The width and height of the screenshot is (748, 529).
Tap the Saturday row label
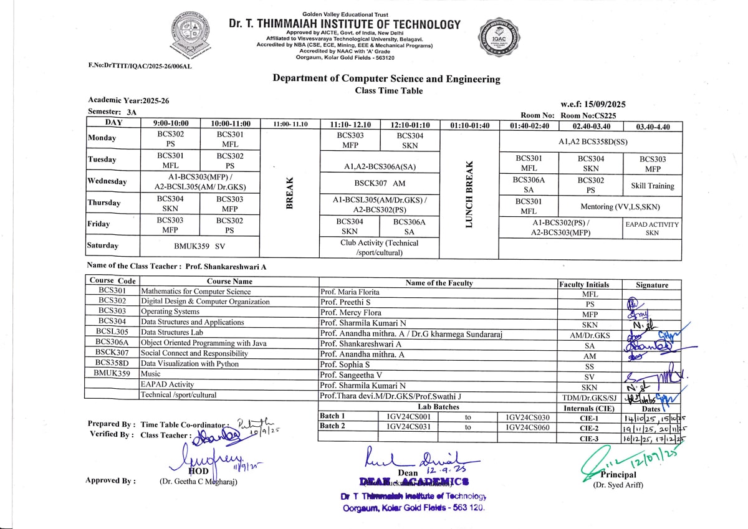coord(103,245)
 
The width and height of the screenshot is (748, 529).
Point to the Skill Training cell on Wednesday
coord(652,186)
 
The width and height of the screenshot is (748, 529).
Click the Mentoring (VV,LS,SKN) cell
coord(620,207)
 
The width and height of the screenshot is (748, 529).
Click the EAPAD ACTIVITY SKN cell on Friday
coord(652,228)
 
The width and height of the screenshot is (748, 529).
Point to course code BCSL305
coord(112,332)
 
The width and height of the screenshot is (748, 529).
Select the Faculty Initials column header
coord(584,284)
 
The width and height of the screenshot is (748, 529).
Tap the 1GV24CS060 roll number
coord(527,427)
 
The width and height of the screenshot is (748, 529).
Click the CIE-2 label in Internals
coord(588,429)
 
